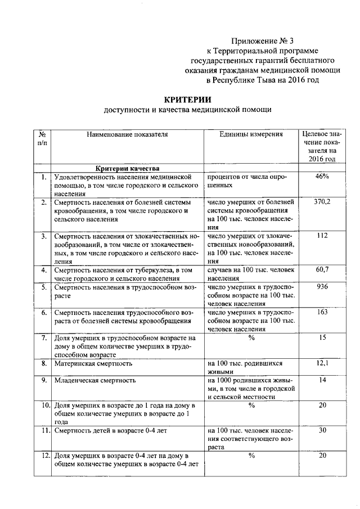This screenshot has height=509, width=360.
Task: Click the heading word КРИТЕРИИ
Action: pos(188,98)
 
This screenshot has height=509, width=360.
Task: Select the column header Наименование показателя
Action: pos(127,134)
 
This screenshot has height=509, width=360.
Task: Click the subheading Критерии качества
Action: pos(127,168)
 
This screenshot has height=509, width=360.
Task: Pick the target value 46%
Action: pos(322,177)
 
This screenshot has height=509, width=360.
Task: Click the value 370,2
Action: pos(322,201)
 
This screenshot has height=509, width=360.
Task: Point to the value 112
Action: pos(322,236)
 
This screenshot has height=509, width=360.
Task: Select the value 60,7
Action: pos(322,270)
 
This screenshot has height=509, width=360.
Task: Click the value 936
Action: pos(322,286)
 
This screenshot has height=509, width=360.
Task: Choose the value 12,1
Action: pos(322,363)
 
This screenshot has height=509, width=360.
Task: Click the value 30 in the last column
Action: pos(322,430)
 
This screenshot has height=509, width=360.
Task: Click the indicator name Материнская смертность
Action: pos(93,363)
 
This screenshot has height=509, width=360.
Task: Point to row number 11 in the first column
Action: pos(43,431)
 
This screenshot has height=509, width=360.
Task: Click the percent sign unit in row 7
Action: pos(251,337)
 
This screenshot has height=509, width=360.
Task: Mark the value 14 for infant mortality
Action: pos(322,380)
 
